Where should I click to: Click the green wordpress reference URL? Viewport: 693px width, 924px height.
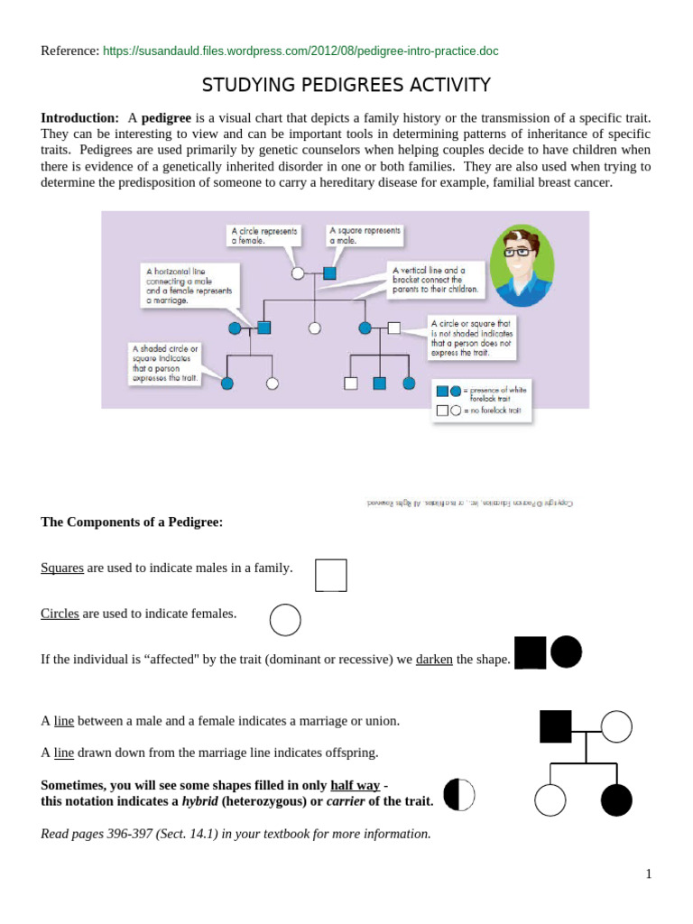click(300, 51)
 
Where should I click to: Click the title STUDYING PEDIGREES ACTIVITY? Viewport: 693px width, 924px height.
click(346, 85)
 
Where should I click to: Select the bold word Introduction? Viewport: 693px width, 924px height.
click(79, 118)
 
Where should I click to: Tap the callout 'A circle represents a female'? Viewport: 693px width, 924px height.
click(263, 236)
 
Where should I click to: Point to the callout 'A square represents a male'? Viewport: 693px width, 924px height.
click(365, 235)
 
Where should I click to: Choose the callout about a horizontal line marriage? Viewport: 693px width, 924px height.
click(189, 284)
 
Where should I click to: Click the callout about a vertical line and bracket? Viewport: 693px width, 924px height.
click(436, 280)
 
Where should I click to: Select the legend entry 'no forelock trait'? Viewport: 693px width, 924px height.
click(492, 411)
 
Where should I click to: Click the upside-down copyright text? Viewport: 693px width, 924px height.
click(469, 503)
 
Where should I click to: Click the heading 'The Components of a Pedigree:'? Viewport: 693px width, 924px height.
click(132, 522)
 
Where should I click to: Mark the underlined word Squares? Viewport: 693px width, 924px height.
click(62, 568)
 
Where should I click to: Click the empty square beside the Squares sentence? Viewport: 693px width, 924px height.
click(330, 575)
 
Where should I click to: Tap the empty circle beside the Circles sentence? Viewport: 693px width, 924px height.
click(285, 620)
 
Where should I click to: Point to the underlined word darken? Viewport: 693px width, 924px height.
click(434, 660)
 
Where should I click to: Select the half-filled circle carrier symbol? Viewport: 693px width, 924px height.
click(458, 794)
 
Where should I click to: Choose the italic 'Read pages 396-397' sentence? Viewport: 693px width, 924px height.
click(236, 834)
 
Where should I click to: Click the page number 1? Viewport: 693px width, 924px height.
click(648, 873)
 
